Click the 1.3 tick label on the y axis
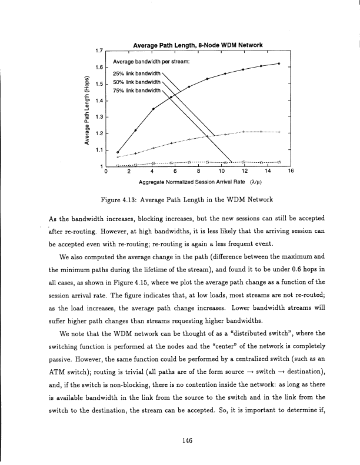click(99, 117)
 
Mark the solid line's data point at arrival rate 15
click(279, 63)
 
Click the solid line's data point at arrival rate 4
click(154, 109)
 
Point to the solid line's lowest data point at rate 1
click(118, 152)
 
